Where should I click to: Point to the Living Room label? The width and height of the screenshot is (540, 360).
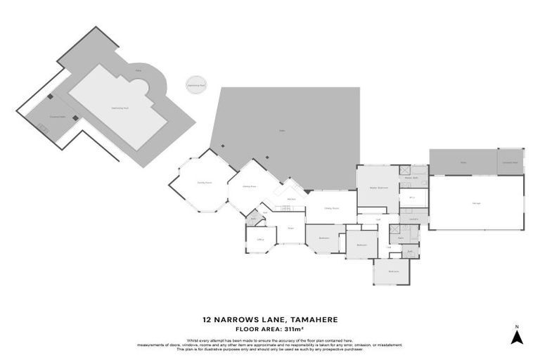332,208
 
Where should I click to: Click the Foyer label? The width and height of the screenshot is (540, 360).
290,228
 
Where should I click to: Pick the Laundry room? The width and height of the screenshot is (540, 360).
415,219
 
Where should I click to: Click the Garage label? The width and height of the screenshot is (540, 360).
476,203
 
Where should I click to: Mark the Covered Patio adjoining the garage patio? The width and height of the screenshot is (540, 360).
510,162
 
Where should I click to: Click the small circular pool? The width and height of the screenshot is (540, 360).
196,85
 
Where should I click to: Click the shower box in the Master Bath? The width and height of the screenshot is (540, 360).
405,169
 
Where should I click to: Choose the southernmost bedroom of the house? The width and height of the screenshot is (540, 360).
392,271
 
